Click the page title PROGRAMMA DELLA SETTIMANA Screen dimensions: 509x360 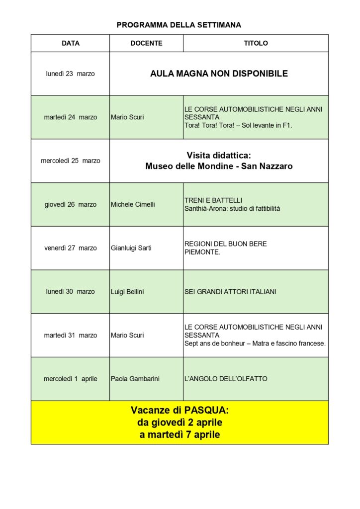179,25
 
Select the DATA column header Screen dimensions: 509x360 70,43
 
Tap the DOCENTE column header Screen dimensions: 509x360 146,43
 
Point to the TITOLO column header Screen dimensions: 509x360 256,43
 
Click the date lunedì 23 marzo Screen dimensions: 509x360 70,74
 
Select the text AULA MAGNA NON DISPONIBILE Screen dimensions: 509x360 219,74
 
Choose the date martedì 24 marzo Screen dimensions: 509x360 70,117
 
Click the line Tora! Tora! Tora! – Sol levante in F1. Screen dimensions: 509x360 238,125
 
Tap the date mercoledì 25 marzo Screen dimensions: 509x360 70,161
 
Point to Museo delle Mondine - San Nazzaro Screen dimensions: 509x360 219,167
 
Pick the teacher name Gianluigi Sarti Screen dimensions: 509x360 131,248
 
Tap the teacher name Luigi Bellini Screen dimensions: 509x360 127,292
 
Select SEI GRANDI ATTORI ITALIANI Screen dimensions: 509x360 230,292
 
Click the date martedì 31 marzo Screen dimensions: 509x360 70,335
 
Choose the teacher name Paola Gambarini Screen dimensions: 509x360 135,379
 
